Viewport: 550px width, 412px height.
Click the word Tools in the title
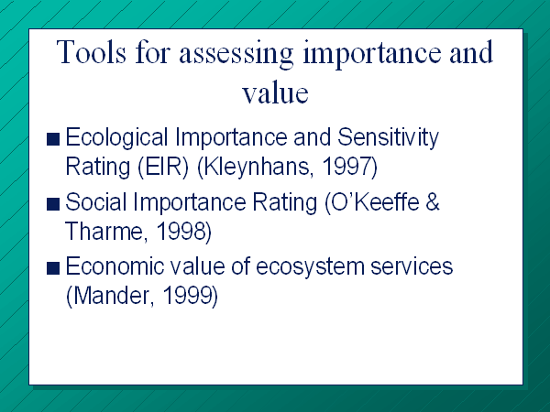point(91,52)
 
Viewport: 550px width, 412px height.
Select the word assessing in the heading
point(236,54)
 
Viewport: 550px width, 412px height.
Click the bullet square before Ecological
point(53,139)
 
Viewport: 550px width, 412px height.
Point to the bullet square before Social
point(53,204)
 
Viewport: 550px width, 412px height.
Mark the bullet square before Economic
point(53,268)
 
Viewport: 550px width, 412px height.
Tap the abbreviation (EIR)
point(163,167)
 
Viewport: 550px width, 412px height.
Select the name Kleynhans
point(254,167)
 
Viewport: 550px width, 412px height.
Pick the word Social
point(95,202)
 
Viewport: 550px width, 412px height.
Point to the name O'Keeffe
point(372,203)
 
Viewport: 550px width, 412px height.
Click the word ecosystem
point(311,268)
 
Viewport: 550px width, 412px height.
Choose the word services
point(412,267)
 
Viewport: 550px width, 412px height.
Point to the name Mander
point(111,296)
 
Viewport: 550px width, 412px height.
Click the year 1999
point(190,296)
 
